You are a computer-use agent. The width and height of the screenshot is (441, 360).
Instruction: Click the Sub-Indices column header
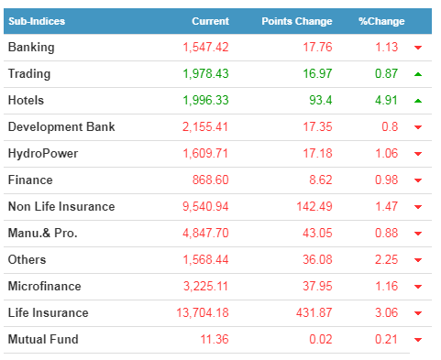coord(37,21)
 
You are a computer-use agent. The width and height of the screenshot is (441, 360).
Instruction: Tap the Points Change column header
coord(297,21)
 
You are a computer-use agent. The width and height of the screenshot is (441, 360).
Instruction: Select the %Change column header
coord(381,21)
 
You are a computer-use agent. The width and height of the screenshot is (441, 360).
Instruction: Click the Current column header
coord(210,21)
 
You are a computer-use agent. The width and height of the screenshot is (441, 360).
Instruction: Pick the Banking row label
coord(31,48)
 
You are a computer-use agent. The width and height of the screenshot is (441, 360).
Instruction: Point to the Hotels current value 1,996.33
coord(205,101)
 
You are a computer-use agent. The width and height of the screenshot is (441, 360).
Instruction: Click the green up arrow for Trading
coord(418,74)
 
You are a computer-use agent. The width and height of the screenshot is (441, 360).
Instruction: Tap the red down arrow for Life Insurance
coord(418,313)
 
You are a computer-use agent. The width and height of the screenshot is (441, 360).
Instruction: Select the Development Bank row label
coord(61,127)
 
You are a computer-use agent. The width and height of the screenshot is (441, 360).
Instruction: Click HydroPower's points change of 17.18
coord(317,153)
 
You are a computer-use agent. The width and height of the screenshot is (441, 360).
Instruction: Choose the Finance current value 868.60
coord(210,180)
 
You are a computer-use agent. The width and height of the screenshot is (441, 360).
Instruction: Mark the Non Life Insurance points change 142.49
coord(314,206)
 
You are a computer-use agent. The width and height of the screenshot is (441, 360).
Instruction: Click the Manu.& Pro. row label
coord(42,233)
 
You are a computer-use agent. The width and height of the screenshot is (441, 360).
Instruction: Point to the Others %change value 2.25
coord(386,259)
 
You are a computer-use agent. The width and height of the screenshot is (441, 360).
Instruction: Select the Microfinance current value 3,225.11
coord(205,287)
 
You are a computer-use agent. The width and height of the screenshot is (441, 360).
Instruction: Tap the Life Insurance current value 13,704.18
coord(203,313)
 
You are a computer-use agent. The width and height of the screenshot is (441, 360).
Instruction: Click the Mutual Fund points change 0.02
coord(320,339)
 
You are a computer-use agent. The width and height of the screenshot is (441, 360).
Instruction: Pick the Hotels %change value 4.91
coord(386,100)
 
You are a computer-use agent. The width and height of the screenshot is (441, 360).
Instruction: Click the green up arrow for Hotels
coord(418,101)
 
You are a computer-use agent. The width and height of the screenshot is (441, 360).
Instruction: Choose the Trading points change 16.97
coord(317,73)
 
